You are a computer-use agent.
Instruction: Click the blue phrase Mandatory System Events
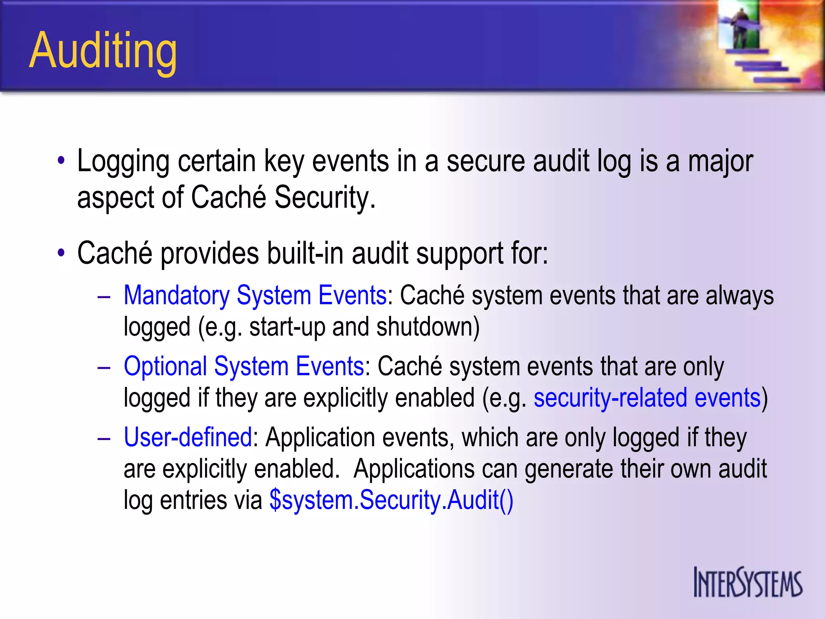[255, 295]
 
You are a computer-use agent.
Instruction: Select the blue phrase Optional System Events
[244, 367]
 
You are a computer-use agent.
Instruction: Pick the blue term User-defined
[188, 438]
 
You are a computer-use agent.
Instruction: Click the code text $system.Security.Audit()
[391, 500]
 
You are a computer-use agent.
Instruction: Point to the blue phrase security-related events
[647, 398]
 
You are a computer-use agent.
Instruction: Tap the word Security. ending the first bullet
[325, 197]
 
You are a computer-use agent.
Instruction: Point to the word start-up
[287, 326]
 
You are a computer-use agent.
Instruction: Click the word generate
[568, 469]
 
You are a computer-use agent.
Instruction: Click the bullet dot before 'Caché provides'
[61, 253]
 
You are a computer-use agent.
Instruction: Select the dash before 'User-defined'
[104, 438]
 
